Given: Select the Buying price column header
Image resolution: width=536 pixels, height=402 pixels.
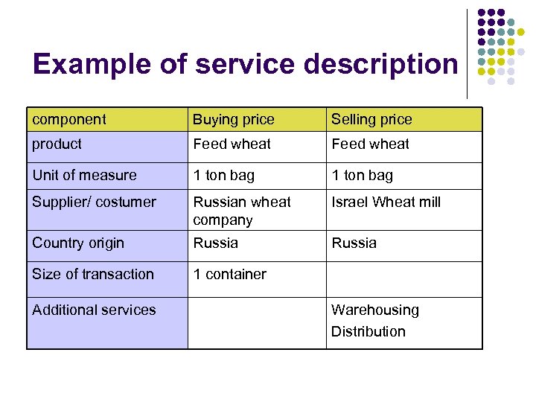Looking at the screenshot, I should [x=233, y=119].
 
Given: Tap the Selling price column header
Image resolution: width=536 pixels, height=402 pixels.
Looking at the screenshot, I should [x=371, y=119].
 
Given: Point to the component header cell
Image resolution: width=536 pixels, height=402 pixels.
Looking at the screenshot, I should [x=68, y=119].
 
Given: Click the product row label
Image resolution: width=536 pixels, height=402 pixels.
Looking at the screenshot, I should [x=57, y=144].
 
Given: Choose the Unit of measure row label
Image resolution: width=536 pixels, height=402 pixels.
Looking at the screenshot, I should [x=84, y=175].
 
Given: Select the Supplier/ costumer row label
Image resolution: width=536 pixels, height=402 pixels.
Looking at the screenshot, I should [x=94, y=202].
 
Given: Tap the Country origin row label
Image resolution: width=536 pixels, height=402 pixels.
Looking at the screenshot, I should [x=78, y=243].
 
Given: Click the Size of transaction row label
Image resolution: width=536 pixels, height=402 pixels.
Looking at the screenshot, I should [x=93, y=274].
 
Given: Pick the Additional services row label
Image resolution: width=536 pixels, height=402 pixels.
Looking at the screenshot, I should [x=94, y=310].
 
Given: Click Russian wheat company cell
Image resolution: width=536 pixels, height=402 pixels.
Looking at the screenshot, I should [x=242, y=211].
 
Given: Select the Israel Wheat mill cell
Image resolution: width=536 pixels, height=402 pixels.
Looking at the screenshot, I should [x=386, y=202].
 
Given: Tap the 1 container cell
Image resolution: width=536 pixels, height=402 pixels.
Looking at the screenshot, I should [x=229, y=274].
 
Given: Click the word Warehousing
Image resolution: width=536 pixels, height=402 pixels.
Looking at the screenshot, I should [x=374, y=310].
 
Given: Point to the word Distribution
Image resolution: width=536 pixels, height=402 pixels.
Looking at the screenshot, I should [x=368, y=331].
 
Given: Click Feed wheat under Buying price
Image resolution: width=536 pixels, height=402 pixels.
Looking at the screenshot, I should [x=232, y=144].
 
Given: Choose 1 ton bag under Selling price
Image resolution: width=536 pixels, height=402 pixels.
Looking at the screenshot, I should [x=362, y=175].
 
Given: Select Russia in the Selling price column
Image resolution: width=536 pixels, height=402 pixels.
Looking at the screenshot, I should [x=354, y=243].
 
